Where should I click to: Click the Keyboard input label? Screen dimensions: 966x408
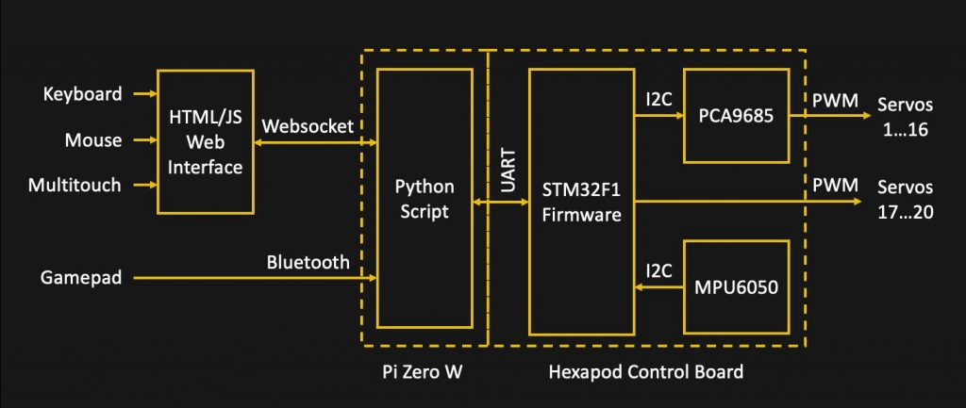coord(82,94)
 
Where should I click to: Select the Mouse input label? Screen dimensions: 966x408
coord(93,139)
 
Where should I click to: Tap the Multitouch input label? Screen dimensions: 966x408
coord(75,186)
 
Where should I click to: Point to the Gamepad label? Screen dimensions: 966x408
coord(81,278)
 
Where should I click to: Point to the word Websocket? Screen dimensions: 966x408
coord(308,126)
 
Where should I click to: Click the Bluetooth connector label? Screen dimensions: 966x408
coord(308,262)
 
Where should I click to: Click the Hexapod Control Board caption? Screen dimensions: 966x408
coord(645,371)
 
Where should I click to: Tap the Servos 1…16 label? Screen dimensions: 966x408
coord(905,118)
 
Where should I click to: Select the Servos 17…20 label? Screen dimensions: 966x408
coord(905,200)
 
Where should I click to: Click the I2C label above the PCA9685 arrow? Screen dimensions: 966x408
coord(658,100)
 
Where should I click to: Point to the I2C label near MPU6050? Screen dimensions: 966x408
coord(658,270)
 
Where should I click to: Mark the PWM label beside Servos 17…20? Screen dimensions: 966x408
coord(836,185)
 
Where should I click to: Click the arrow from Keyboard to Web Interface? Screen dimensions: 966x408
coord(145,94)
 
